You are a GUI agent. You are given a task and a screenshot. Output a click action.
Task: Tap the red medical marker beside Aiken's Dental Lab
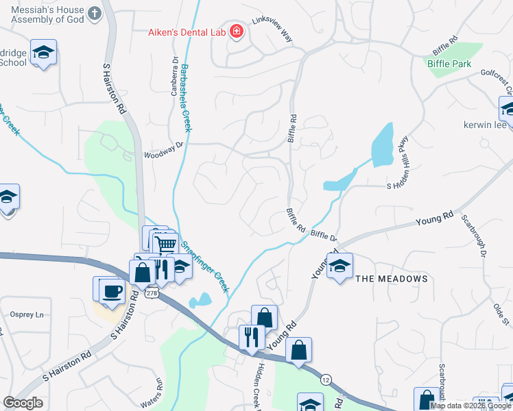pyautogui.click(x=237, y=32)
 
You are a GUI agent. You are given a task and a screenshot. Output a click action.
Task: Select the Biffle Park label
pyautogui.click(x=449, y=64)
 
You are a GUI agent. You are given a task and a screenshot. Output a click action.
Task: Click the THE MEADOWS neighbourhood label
pyautogui.click(x=392, y=279)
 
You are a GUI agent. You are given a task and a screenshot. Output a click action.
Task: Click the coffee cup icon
pyautogui.click(x=110, y=290)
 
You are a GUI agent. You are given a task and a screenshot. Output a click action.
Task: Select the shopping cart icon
pyautogui.click(x=165, y=244)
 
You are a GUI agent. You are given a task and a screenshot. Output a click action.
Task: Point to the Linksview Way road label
pyautogui.click(x=272, y=30)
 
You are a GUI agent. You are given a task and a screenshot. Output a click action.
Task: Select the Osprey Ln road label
pyautogui.click(x=29, y=314)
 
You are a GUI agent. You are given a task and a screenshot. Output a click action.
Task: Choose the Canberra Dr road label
pyautogui.click(x=175, y=75)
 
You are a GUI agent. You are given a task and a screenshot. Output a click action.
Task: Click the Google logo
pyautogui.click(x=23, y=403)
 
